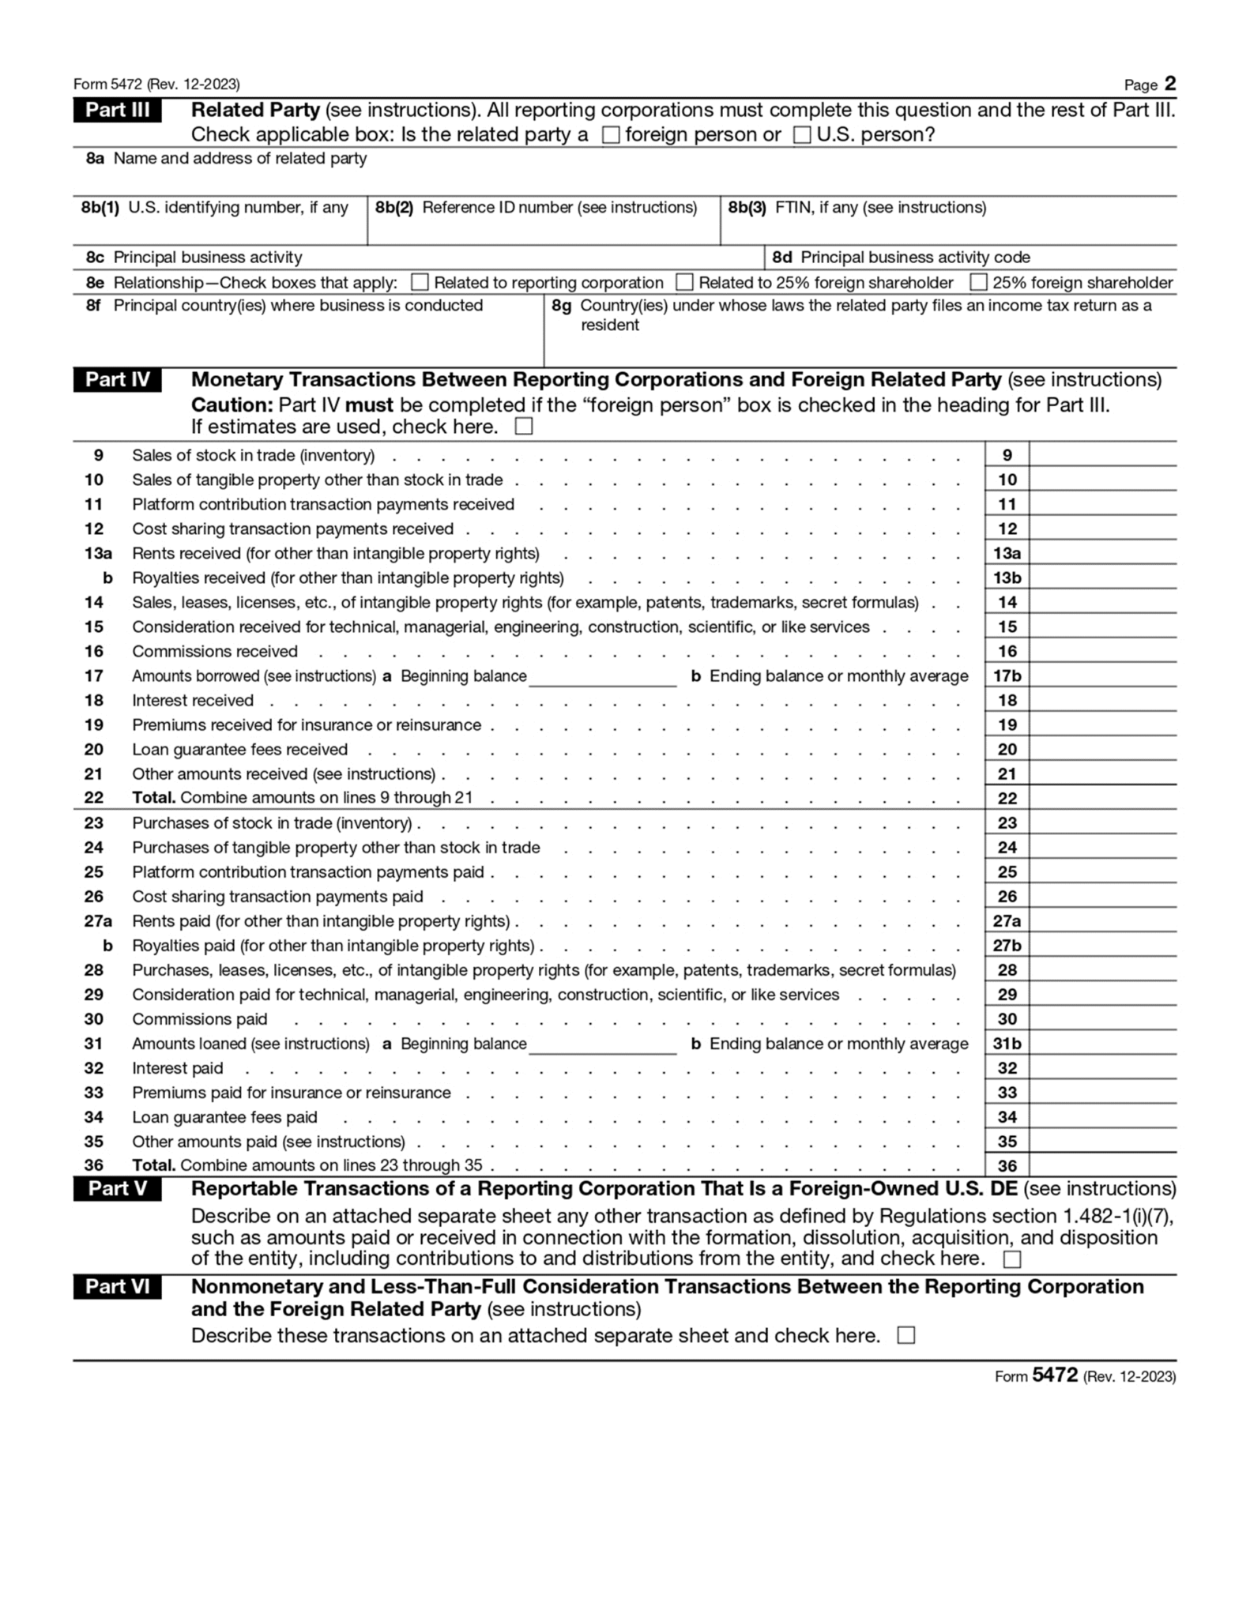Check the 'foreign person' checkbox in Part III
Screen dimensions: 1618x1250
pos(611,135)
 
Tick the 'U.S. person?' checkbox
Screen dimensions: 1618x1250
pos(802,135)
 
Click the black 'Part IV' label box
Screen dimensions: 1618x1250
pos(117,380)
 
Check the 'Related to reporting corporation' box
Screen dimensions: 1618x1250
pos(420,282)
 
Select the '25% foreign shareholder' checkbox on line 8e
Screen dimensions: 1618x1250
pos(978,282)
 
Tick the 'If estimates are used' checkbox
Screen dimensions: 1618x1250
pos(523,427)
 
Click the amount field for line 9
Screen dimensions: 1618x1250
pos(1102,455)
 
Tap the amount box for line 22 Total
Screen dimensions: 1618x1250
pos(1102,798)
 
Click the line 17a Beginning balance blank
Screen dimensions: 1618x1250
pos(602,676)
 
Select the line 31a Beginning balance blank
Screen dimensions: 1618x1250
pos(602,1044)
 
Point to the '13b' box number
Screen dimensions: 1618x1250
pos(1007,578)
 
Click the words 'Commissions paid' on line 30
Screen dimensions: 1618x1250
pos(200,1019)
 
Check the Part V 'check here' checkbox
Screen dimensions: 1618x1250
pos(1011,1259)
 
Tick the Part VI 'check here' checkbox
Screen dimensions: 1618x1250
pos(906,1336)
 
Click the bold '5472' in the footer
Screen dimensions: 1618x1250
pos(1055,1375)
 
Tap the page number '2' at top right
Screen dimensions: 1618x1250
pos(1170,84)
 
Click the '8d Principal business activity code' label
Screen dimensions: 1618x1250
pos(901,258)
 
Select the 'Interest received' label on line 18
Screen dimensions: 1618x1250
pos(193,701)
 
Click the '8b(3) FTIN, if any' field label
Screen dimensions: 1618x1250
pos(857,208)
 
